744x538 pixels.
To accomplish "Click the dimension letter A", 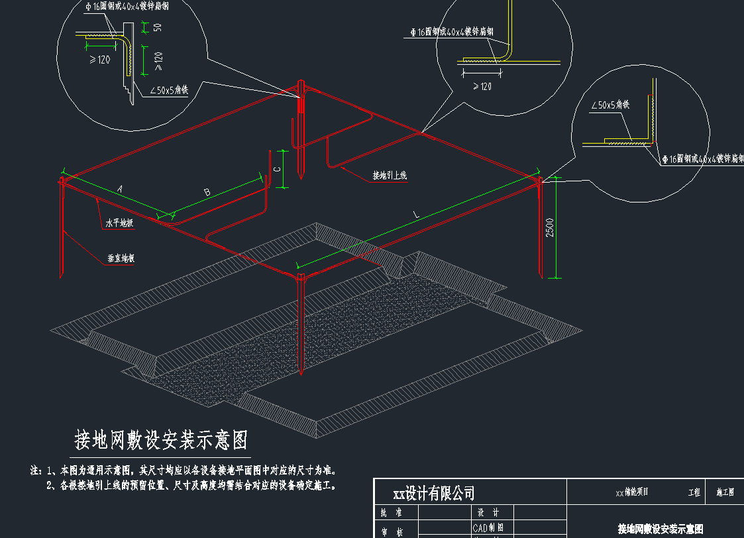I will tap(120, 189).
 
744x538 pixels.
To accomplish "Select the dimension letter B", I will tap(207, 193).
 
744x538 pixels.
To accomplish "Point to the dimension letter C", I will tap(278, 169).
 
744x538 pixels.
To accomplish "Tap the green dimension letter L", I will tap(416, 215).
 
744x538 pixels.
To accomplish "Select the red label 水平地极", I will tap(120, 223).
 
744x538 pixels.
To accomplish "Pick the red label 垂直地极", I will tap(121, 259).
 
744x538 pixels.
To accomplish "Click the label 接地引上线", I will tap(390, 175).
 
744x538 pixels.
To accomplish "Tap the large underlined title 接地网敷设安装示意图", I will tap(162, 440).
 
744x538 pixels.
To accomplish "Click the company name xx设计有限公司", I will tap(434, 494).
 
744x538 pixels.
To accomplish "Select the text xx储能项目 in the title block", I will tap(632, 492).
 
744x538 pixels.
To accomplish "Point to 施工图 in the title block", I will tap(725, 493).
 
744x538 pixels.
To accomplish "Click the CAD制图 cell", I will tap(488, 528).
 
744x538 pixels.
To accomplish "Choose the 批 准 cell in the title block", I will tap(391, 513).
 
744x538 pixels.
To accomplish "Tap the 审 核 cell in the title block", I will tap(391, 531).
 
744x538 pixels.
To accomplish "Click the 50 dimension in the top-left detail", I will tap(158, 28).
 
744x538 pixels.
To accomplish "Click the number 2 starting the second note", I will tap(50, 486).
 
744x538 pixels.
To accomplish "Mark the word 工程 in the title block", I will tap(694, 493).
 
